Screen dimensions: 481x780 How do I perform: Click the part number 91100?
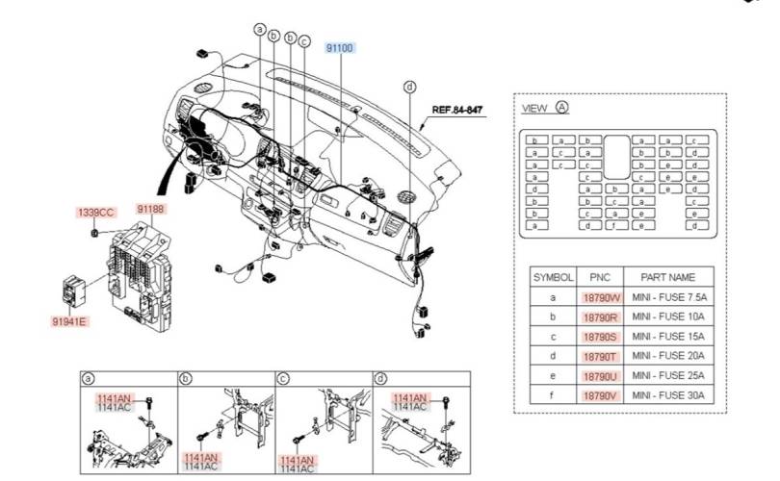click(339, 47)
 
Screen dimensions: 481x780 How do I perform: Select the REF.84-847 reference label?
click(456, 111)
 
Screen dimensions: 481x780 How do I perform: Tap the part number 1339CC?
click(95, 212)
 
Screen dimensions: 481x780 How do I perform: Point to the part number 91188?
click(150, 209)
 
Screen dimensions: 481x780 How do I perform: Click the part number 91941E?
click(69, 321)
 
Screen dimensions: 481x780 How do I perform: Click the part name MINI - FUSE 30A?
click(669, 394)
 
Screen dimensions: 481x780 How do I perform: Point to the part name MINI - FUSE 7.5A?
click(669, 298)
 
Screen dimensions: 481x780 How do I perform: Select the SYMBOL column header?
click(554, 276)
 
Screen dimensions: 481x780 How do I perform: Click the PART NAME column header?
click(669, 276)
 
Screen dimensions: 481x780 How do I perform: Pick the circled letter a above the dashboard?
click(259, 30)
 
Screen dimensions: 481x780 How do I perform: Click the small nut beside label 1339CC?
click(94, 232)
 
